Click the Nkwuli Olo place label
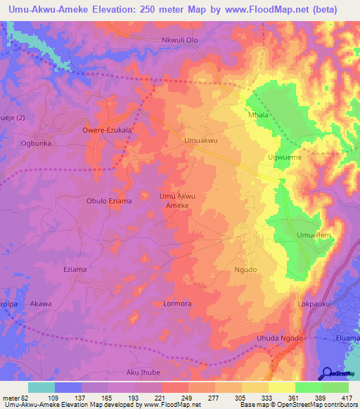tap(180, 40)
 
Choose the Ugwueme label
tap(285, 157)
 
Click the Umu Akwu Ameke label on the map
tap(177, 201)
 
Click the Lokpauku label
tap(314, 305)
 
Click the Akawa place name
tap(41, 304)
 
